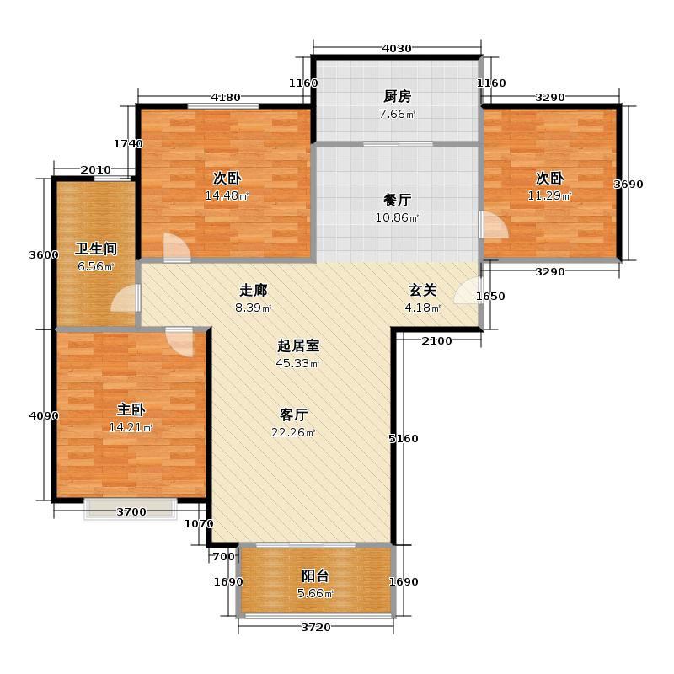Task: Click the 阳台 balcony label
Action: coord(316,576)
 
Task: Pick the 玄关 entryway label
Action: coord(423,290)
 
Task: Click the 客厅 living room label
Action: coord(293,415)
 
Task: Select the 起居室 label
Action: coord(297,345)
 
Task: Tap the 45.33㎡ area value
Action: coord(297,364)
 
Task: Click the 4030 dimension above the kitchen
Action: coord(397,48)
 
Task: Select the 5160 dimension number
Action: coord(404,438)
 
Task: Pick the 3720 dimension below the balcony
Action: coord(315,628)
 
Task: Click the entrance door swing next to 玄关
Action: coord(468,291)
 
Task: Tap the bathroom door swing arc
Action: coord(125,299)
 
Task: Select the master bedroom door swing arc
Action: coord(180,340)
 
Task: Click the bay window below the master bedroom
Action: coord(131,510)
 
